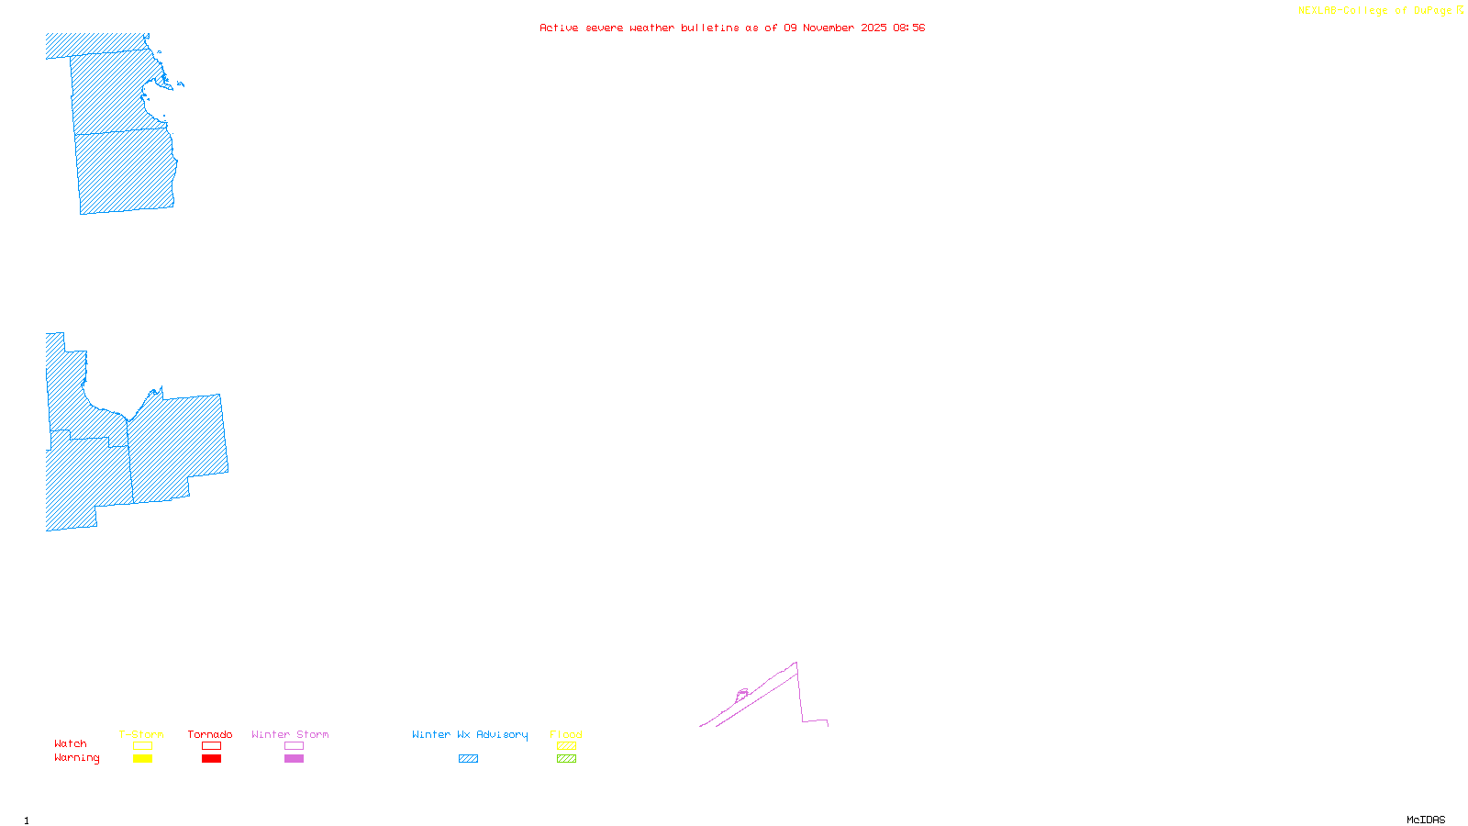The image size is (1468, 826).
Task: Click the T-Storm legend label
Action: [x=141, y=734]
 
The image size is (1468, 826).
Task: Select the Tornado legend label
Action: [x=210, y=734]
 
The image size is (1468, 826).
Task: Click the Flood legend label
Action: [x=566, y=734]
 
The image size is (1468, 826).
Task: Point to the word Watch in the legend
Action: [x=71, y=743]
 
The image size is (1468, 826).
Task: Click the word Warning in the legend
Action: [x=76, y=758]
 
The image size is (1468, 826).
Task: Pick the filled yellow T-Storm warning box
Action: [x=142, y=759]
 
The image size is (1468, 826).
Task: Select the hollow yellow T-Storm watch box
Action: [x=142, y=746]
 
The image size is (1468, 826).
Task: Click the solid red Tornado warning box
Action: [x=211, y=759]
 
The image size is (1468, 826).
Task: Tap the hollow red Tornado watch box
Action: [x=211, y=746]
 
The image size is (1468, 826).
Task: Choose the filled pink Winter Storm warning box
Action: [x=294, y=759]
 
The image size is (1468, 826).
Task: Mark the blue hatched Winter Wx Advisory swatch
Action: [x=468, y=759]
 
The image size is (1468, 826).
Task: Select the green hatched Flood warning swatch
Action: [x=566, y=759]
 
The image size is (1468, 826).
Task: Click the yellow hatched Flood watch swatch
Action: [x=566, y=746]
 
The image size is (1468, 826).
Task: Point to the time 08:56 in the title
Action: [x=908, y=28]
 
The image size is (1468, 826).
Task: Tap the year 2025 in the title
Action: [x=873, y=28]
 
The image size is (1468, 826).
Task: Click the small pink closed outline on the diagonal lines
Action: [x=742, y=694]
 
